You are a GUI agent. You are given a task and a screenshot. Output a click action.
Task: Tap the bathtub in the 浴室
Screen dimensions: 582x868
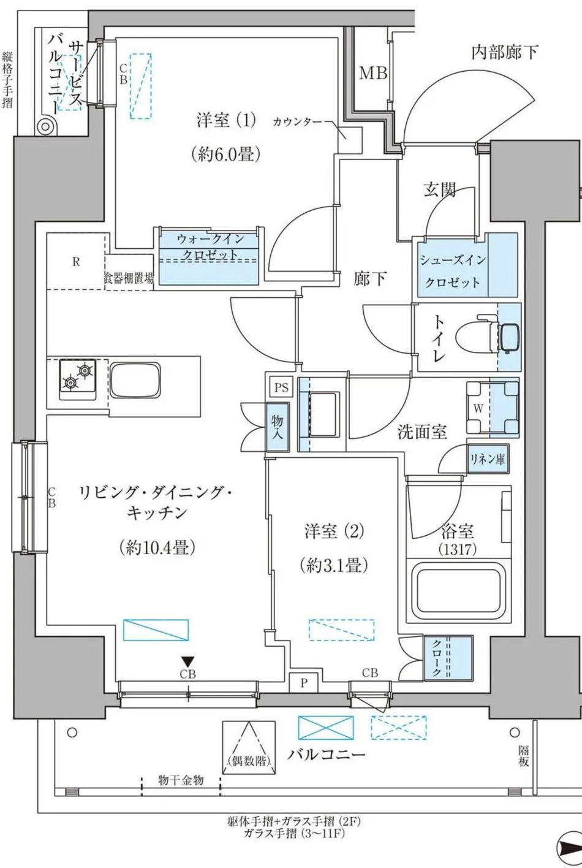pos(458,593)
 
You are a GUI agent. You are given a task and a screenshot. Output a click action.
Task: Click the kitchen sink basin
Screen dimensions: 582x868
pos(135,379)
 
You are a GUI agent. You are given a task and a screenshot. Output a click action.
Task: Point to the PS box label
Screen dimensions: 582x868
pos(282,388)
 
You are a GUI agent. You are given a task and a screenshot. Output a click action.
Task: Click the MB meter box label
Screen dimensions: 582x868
pos(372,73)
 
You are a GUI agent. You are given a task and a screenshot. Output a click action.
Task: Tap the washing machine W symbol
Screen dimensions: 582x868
pos(478,408)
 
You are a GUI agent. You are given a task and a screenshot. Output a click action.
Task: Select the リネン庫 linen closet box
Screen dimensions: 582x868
pos(488,459)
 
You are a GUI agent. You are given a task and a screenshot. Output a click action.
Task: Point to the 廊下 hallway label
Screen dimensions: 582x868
pos(370,279)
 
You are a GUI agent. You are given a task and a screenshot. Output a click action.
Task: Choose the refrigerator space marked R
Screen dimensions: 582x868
pos(76,261)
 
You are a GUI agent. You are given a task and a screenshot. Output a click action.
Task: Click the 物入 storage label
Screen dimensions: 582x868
pos(278,427)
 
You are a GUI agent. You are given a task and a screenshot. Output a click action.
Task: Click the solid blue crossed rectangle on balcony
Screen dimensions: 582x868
pos(326,728)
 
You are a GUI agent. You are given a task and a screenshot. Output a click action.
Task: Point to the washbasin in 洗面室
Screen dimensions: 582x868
pos(321,414)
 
